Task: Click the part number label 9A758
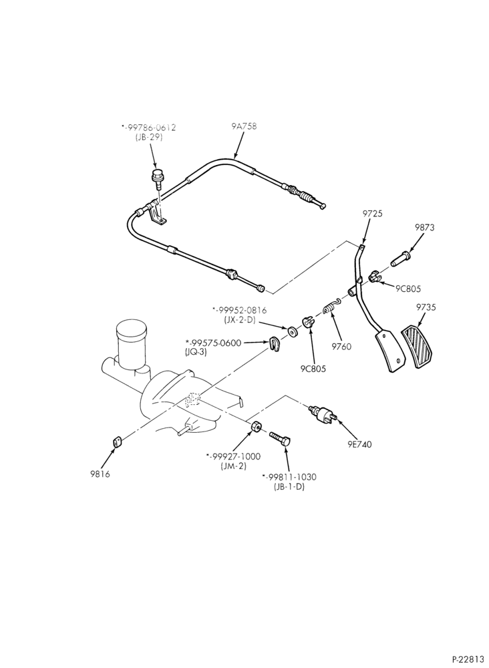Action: click(244, 126)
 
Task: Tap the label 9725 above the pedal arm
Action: click(372, 214)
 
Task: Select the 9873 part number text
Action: click(425, 228)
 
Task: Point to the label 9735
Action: click(426, 307)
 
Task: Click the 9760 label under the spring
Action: click(341, 346)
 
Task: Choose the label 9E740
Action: click(359, 444)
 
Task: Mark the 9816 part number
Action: click(100, 474)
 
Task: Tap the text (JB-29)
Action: click(148, 137)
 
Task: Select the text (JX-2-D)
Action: click(239, 319)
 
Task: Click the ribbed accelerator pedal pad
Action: click(418, 346)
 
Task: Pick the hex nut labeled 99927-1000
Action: click(256, 426)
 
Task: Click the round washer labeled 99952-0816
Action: click(292, 331)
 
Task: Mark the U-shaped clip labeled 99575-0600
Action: click(276, 344)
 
